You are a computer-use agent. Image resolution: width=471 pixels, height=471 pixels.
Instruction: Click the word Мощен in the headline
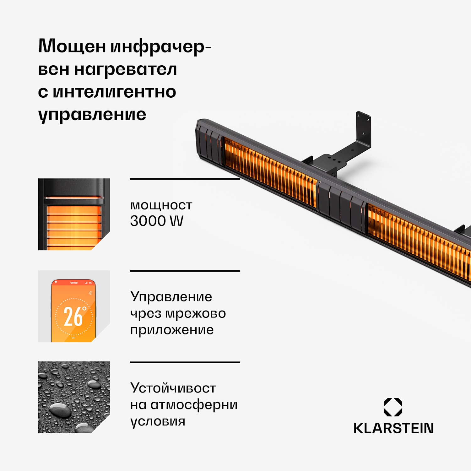(x=72, y=46)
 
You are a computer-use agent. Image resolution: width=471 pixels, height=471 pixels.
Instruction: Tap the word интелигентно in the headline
(x=114, y=92)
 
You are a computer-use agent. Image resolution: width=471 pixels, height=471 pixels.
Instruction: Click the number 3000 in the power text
(x=148, y=221)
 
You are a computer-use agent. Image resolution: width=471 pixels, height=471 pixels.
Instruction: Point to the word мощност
(x=161, y=205)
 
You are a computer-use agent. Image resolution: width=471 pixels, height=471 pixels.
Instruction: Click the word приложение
(x=172, y=330)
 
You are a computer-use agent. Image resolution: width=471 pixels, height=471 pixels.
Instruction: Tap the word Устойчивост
(x=173, y=388)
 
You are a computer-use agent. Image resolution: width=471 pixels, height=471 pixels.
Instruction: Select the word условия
(x=158, y=421)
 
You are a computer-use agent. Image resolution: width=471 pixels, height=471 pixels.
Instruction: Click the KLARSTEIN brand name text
(x=393, y=428)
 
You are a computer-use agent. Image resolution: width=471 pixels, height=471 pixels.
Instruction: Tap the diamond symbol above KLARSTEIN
(x=393, y=407)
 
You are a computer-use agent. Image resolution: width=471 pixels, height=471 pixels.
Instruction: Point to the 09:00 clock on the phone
(x=74, y=283)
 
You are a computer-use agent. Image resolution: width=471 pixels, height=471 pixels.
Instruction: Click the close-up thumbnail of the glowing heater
(x=74, y=214)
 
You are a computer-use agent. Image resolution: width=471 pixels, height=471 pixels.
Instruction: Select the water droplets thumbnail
(x=74, y=397)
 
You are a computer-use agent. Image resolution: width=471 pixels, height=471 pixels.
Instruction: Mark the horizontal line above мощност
(x=185, y=179)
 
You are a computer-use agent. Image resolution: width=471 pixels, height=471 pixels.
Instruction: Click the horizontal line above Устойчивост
(x=185, y=362)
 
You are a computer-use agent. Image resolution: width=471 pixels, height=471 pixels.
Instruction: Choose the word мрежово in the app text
(x=195, y=313)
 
